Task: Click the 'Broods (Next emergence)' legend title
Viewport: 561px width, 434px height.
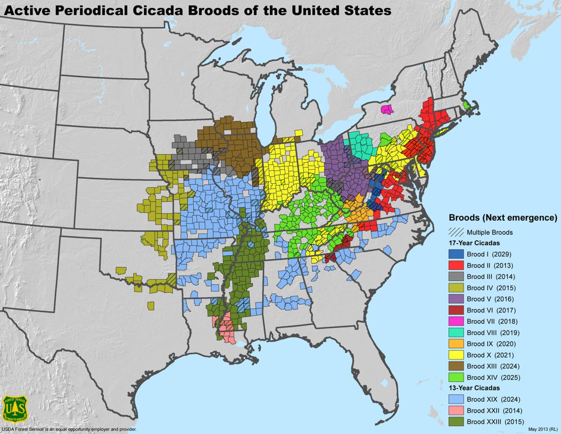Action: click(x=503, y=218)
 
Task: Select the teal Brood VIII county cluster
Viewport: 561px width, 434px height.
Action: click(x=360, y=145)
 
